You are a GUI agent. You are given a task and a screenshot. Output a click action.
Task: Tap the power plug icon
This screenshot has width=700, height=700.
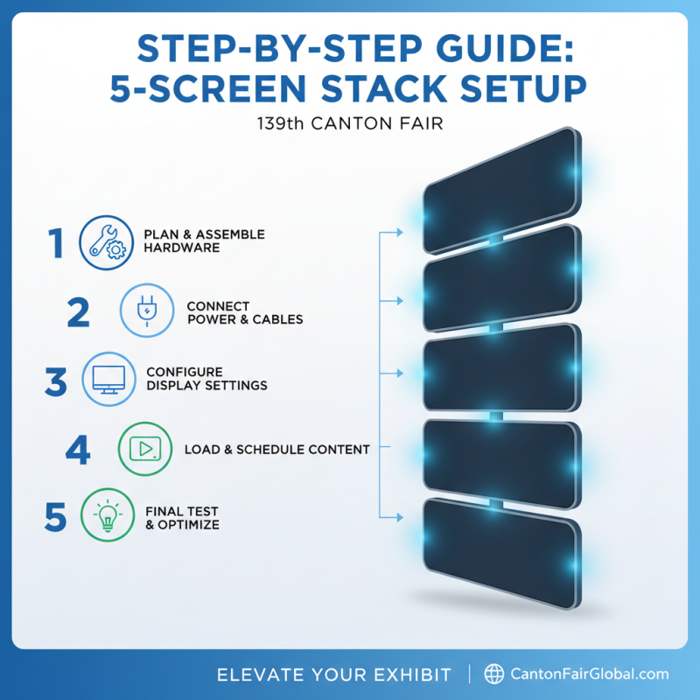[145, 311]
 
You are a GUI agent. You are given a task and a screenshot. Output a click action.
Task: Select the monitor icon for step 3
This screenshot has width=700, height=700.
[108, 378]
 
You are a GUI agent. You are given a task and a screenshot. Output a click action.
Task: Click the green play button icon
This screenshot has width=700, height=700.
[144, 449]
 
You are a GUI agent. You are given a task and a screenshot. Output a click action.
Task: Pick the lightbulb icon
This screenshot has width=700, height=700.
[108, 517]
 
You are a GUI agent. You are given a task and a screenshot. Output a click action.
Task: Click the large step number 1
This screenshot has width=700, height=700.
[57, 242]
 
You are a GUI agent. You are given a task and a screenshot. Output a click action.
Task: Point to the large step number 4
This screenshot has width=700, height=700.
[78, 449]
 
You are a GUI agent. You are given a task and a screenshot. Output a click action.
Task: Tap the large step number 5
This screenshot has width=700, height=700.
[56, 517]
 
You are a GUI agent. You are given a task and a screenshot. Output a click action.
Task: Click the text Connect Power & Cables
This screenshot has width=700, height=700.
[245, 312]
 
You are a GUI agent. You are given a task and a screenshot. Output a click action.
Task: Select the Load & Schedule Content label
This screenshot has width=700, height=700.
[276, 450]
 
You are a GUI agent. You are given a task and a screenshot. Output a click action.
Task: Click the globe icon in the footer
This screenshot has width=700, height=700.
[494, 674]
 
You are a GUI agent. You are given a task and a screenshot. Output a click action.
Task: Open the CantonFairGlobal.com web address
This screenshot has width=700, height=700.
[588, 674]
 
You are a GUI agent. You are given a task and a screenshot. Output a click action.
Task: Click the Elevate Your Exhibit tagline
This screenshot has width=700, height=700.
[333, 674]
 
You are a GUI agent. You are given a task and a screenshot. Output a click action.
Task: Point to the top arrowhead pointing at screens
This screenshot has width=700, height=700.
[398, 232]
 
